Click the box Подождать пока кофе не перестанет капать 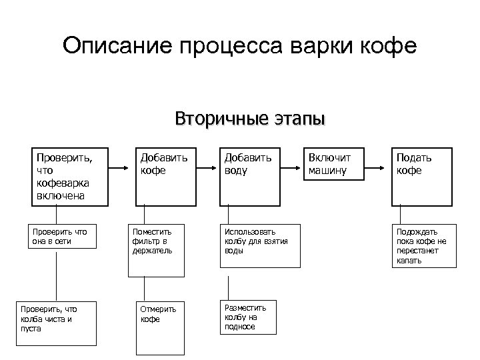pyautogui.click(x=424, y=245)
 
